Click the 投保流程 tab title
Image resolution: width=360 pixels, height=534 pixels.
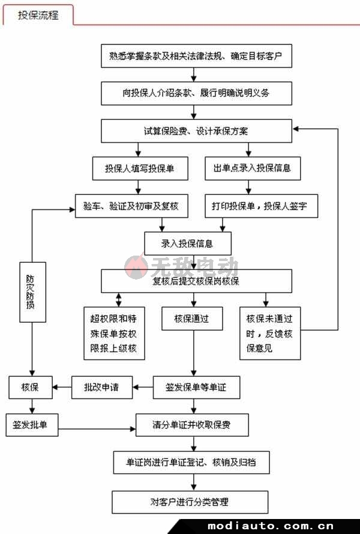click(x=38, y=15)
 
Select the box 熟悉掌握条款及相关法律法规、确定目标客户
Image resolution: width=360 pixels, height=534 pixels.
click(x=197, y=56)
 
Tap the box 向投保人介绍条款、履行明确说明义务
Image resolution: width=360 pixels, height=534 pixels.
click(x=197, y=93)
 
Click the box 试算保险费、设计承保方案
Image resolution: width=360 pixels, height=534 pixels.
click(x=197, y=131)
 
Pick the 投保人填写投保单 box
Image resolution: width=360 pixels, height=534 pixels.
click(x=140, y=168)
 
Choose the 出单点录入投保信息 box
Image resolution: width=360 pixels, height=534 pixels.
click(x=253, y=168)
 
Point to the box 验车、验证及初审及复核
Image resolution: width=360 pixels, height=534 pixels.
click(x=131, y=206)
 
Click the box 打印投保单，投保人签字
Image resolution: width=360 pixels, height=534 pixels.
click(x=261, y=206)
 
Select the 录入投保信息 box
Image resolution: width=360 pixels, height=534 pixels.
click(x=188, y=244)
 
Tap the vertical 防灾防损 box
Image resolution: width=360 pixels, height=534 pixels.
click(x=32, y=292)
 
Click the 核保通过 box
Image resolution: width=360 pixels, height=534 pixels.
click(x=192, y=319)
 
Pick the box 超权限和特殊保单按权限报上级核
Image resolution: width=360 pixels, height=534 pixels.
click(x=115, y=334)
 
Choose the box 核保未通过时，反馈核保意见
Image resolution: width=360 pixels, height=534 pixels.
click(x=270, y=334)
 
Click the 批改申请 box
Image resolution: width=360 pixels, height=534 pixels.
click(x=102, y=387)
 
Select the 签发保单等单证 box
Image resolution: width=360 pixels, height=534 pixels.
click(x=197, y=387)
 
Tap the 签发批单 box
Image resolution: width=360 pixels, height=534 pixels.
click(x=32, y=425)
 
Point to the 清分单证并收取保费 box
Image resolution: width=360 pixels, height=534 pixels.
click(x=192, y=425)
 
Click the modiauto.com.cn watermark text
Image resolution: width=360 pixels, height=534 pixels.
click(x=271, y=526)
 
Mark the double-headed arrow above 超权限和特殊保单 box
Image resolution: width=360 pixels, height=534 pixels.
click(x=119, y=299)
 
